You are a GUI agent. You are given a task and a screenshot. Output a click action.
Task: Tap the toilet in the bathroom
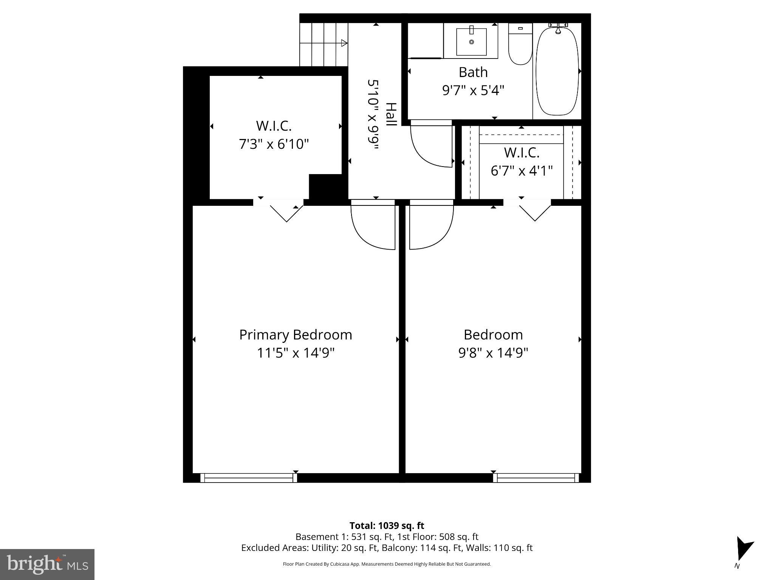520,45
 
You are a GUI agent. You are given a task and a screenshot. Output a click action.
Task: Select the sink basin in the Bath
471,41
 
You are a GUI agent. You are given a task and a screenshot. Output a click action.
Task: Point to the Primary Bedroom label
296,335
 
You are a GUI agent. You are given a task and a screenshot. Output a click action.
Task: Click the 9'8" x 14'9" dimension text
493,353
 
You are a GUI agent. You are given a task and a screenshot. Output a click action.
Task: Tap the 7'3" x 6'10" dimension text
274,144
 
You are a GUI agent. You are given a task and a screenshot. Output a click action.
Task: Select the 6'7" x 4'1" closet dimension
521,171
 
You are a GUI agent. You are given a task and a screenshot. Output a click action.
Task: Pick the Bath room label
473,72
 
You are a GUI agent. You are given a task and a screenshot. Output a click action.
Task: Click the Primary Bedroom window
248,478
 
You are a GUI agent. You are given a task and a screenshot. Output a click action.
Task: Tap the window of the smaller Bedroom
536,478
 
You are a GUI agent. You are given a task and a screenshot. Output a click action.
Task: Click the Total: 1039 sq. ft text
387,526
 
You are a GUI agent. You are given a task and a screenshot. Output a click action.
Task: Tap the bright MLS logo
47,564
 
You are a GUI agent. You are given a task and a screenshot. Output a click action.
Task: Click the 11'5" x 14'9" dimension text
296,353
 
